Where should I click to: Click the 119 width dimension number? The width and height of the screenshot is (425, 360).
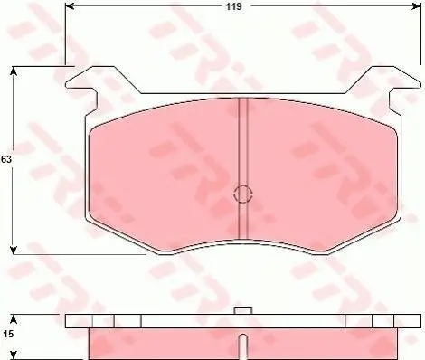click(234, 6)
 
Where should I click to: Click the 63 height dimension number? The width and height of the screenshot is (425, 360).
click(6, 159)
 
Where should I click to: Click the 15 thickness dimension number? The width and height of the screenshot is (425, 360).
click(7, 334)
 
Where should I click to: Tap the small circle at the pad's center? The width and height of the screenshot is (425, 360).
click(242, 194)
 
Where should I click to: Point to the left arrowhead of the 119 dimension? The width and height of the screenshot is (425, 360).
click(70, 6)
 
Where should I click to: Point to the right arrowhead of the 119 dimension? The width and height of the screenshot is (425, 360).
click(417, 6)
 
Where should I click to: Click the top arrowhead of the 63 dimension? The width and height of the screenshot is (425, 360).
click(13, 71)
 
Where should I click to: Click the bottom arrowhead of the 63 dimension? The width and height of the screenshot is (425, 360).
click(13, 250)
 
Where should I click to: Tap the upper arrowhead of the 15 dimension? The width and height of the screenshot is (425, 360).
click(14, 319)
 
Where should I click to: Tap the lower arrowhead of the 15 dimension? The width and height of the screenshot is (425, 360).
click(14, 355)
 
